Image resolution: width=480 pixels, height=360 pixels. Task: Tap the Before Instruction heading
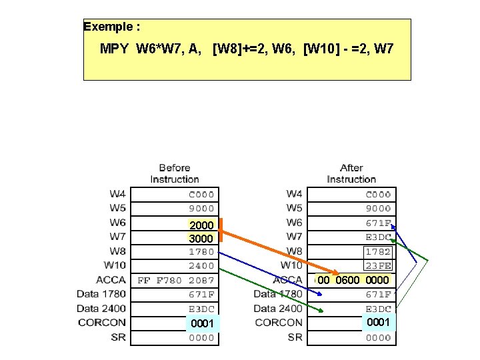tap(175, 173)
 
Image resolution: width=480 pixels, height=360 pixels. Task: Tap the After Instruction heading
tap(351, 173)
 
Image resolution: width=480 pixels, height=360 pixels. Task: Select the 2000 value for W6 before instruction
tap(201, 225)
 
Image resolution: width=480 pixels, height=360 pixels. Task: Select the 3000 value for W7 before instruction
tap(201, 238)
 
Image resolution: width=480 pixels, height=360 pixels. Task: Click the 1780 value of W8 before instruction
tap(201, 252)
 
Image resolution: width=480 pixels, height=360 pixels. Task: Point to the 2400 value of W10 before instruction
tap(201, 266)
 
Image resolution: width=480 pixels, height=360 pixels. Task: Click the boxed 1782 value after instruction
tap(378, 252)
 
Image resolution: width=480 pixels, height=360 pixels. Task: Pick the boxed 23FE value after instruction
tap(378, 266)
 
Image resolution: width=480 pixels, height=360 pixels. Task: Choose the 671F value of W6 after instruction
tap(378, 223)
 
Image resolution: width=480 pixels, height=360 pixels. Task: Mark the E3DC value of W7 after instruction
tap(378, 237)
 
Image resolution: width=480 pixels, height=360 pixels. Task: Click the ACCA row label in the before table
tap(111, 280)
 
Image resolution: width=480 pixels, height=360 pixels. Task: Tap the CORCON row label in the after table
tap(279, 323)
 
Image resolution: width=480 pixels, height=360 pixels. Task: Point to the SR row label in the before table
tap(118, 337)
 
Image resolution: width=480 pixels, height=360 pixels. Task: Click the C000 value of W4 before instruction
tap(201, 195)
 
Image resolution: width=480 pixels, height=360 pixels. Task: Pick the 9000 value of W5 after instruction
tap(378, 209)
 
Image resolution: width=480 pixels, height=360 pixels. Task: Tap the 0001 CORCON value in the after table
tap(378, 322)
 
